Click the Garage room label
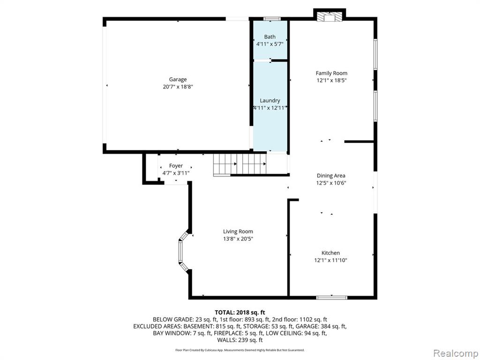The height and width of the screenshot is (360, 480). click(178, 80)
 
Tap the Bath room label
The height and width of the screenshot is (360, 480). click(270, 37)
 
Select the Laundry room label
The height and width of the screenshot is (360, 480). click(270, 100)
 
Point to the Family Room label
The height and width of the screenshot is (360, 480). click(331, 73)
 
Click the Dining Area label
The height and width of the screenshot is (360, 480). click(331, 176)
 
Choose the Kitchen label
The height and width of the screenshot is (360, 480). click(330, 253)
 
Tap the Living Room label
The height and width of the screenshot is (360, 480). click(238, 232)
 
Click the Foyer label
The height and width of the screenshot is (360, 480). click(176, 165)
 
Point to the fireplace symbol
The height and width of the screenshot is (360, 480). click(330, 17)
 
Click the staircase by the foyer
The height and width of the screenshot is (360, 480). click(240, 165)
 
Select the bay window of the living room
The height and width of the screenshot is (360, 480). click(183, 251)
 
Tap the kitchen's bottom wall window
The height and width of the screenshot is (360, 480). click(332, 297)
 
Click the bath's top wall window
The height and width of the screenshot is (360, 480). click(272, 19)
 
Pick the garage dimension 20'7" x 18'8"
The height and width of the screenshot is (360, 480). click(178, 87)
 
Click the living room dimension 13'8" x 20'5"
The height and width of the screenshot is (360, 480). click(238, 239)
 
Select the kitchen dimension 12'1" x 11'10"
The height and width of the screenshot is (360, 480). click(330, 260)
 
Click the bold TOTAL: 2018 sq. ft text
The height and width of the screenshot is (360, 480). click(240, 313)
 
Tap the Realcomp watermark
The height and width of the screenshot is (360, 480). click(456, 353)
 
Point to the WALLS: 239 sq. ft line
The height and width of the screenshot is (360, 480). click(240, 340)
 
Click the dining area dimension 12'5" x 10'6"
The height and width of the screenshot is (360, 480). click(331, 183)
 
